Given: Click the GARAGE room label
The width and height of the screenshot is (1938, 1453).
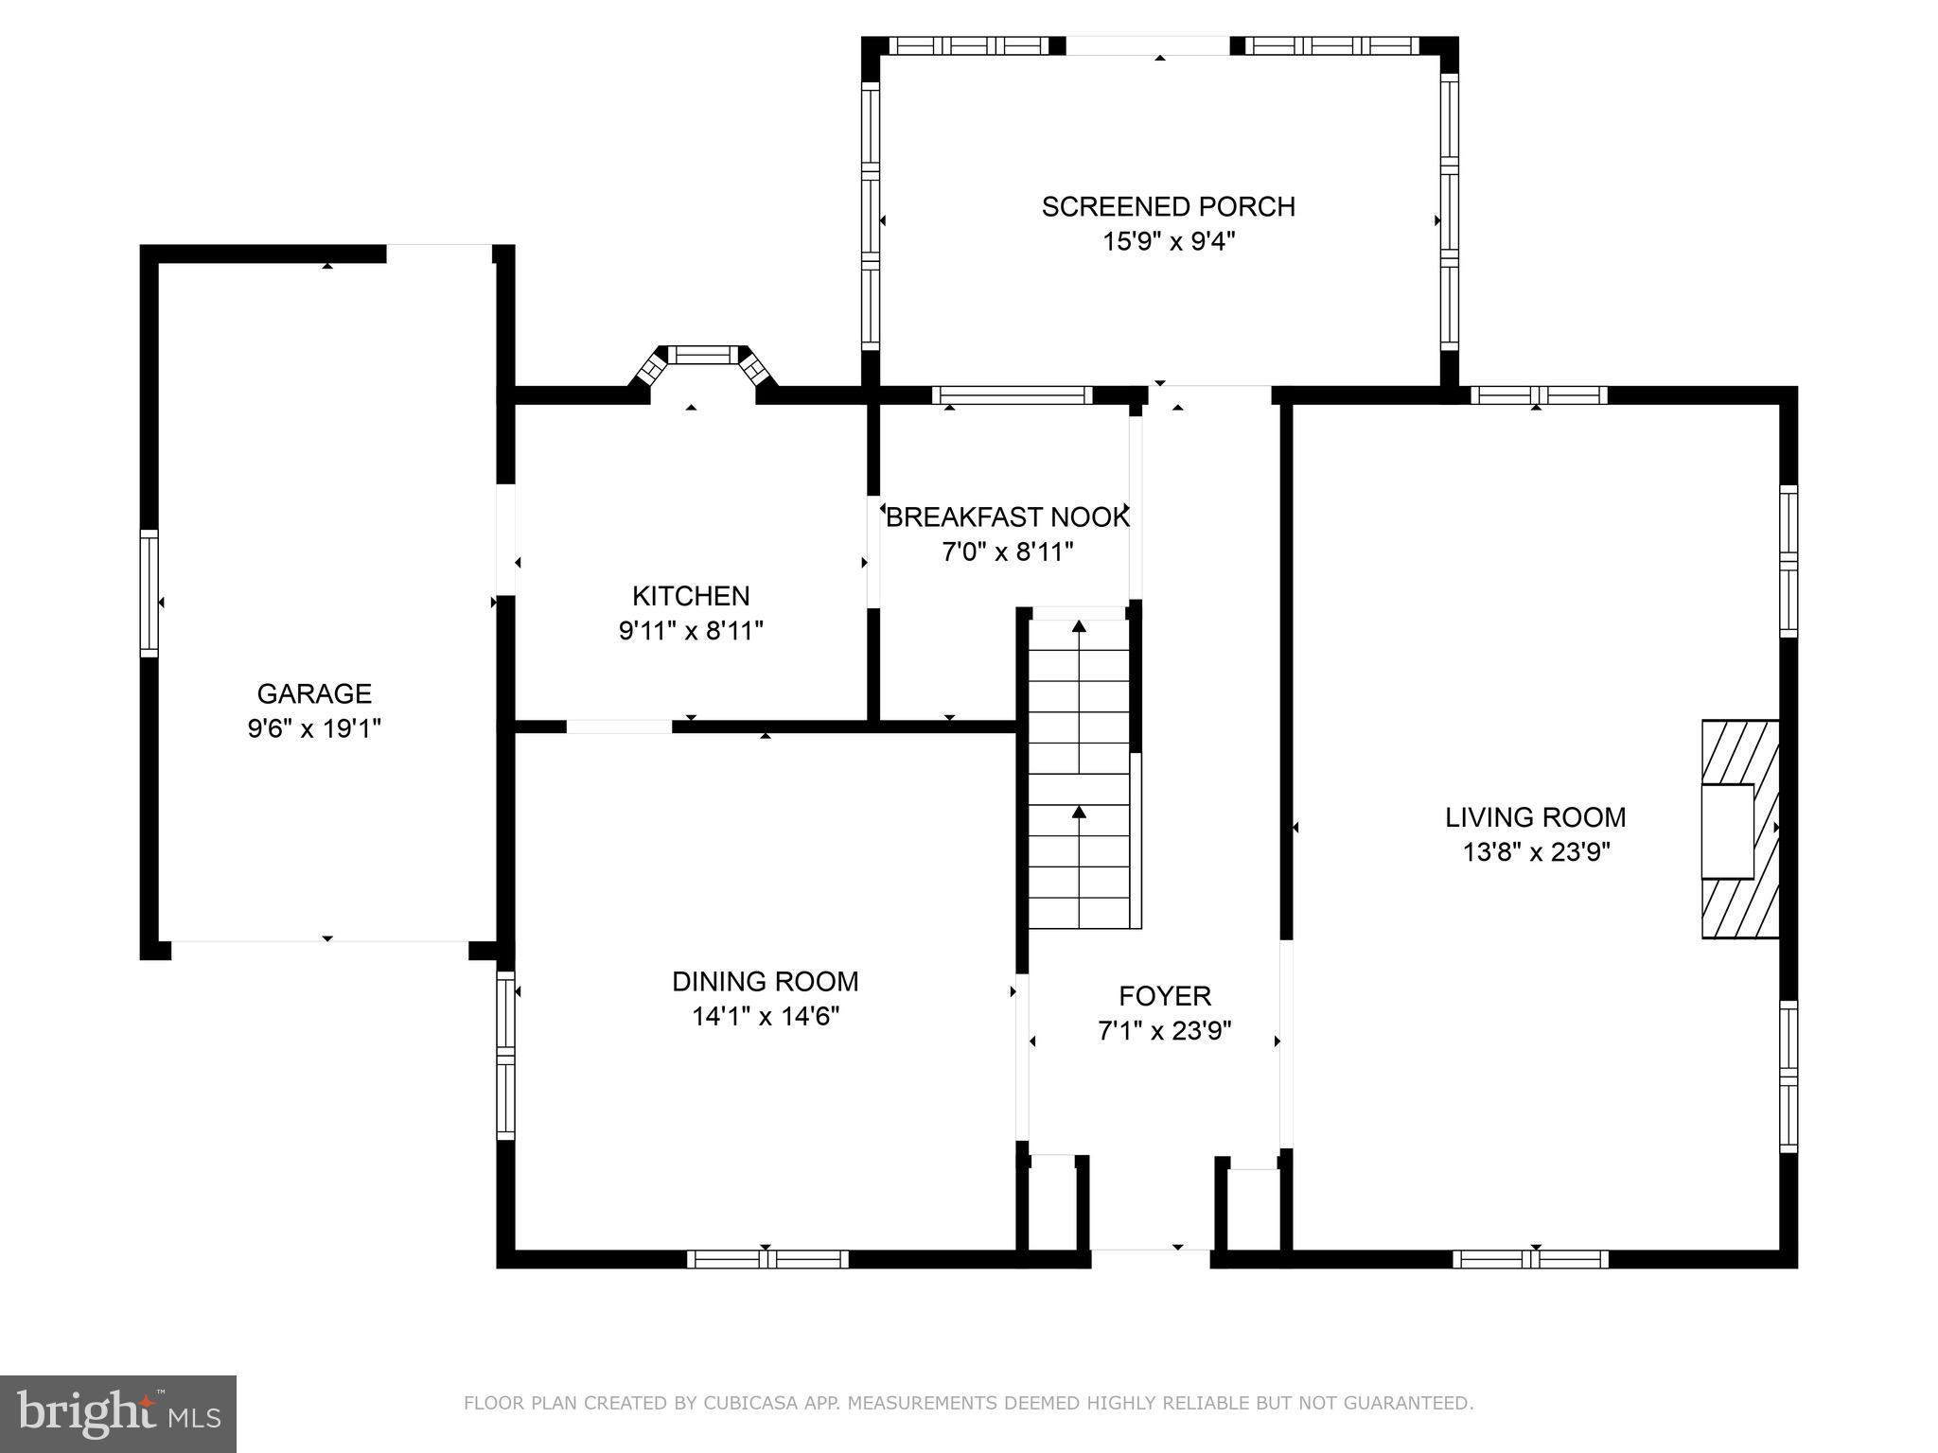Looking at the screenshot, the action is (x=314, y=693).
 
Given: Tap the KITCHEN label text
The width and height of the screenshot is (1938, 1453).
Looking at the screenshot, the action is (x=691, y=596).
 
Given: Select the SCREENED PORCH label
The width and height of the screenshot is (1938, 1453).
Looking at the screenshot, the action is (x=1169, y=206).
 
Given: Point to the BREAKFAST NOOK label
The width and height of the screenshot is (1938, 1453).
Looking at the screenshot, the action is (x=1008, y=517).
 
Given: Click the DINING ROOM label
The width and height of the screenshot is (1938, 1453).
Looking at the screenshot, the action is (x=766, y=982).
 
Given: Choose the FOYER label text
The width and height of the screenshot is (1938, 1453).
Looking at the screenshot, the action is (x=1165, y=996).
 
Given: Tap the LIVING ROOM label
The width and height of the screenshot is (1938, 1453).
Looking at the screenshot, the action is (x=1536, y=817).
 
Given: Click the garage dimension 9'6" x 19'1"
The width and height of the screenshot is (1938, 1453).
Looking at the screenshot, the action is (x=314, y=728).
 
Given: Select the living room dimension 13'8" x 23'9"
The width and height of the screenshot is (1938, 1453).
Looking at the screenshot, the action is (x=1536, y=852).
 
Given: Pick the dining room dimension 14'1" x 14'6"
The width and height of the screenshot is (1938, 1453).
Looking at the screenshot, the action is (x=766, y=1017).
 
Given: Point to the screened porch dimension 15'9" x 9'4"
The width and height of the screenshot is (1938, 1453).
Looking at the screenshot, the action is (x=1169, y=241).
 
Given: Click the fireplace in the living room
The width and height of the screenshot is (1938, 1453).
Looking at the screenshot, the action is (x=1740, y=830).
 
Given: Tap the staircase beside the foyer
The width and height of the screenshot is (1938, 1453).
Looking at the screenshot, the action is (x=1080, y=768).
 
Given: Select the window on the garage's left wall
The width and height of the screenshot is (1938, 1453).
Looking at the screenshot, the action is (x=150, y=593).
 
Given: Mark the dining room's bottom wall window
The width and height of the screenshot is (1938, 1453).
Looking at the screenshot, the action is (x=767, y=1259).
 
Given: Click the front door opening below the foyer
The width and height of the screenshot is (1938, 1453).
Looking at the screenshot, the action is (x=1151, y=1258).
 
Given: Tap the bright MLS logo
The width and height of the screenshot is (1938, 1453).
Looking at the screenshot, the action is (x=118, y=1414).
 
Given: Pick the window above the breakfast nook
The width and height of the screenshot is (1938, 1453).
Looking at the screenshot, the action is (x=1013, y=395).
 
